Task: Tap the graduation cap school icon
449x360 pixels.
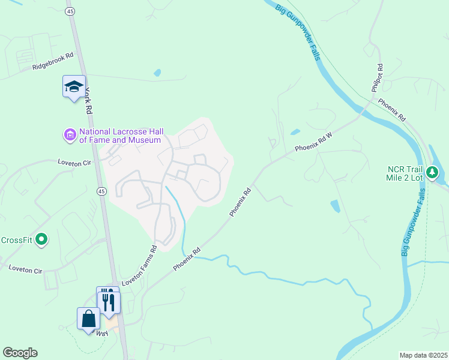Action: coord(74,87)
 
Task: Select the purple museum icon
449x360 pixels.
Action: coord(70,134)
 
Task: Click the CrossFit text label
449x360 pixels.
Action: coord(17,240)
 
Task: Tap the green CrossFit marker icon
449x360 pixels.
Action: coord(41,240)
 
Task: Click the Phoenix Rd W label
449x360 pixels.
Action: coord(313,142)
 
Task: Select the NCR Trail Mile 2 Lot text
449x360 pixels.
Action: coord(414,172)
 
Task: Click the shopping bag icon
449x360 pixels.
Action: coord(88,318)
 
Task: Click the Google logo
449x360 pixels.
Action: coord(20,353)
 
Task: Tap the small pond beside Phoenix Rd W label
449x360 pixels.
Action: coord(295,132)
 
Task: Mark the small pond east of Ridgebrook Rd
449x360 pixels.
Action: coord(157,73)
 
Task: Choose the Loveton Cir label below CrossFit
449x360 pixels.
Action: coord(26,269)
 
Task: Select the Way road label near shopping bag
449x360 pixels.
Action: coord(103,332)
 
